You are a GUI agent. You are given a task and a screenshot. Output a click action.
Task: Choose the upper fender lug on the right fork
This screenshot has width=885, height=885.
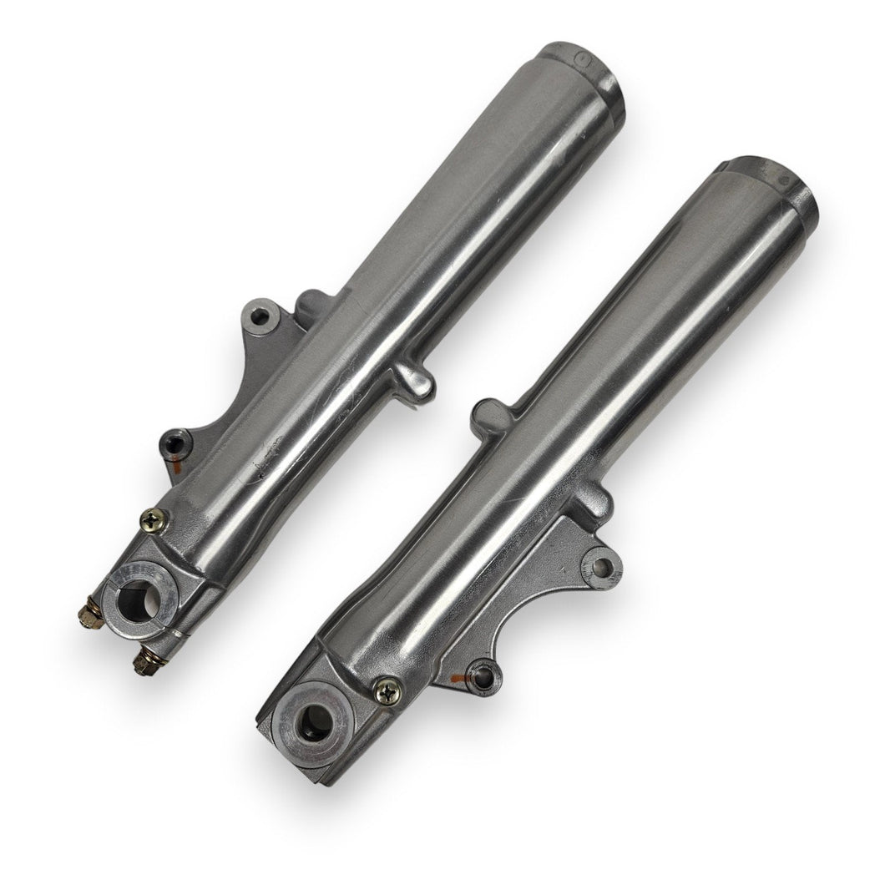pyautogui.click(x=489, y=413)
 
